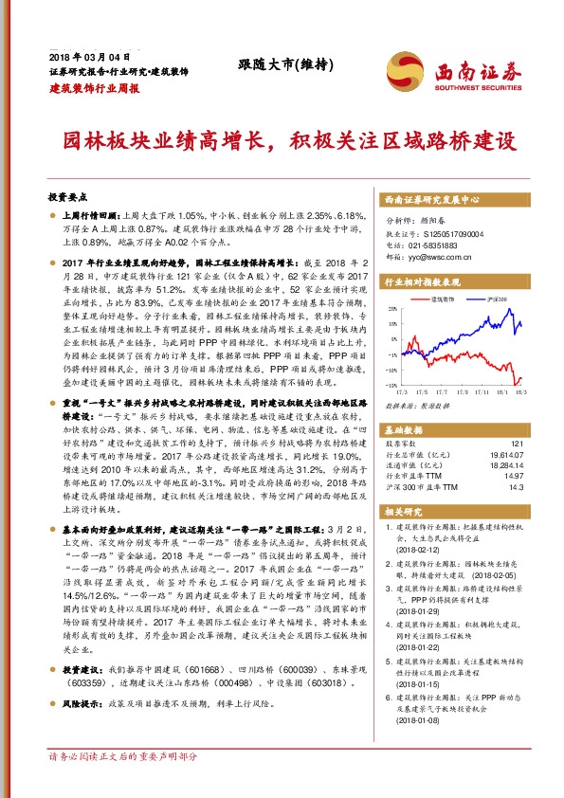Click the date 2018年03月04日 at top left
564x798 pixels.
87,55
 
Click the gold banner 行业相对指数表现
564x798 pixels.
422,282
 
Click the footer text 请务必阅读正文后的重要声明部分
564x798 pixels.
123,757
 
